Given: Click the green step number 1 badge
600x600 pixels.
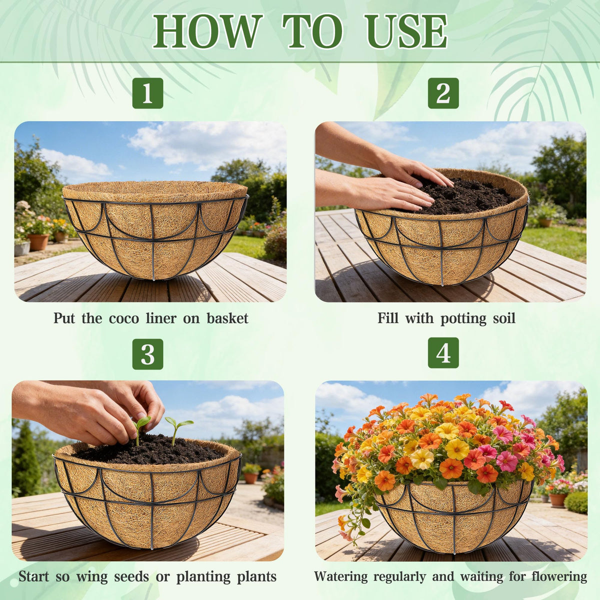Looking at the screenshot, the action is [x=147, y=93].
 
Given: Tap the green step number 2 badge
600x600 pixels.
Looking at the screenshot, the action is [x=443, y=93].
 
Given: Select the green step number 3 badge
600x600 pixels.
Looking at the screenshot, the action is [x=147, y=354].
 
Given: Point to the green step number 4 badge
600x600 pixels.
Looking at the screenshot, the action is [x=443, y=353].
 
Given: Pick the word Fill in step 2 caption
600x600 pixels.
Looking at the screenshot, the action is [x=388, y=318].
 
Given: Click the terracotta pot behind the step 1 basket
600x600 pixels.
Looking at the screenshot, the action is [x=38, y=242].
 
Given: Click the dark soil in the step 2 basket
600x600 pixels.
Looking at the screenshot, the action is [x=464, y=194].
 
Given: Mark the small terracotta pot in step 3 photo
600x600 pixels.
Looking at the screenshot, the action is [x=251, y=478].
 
